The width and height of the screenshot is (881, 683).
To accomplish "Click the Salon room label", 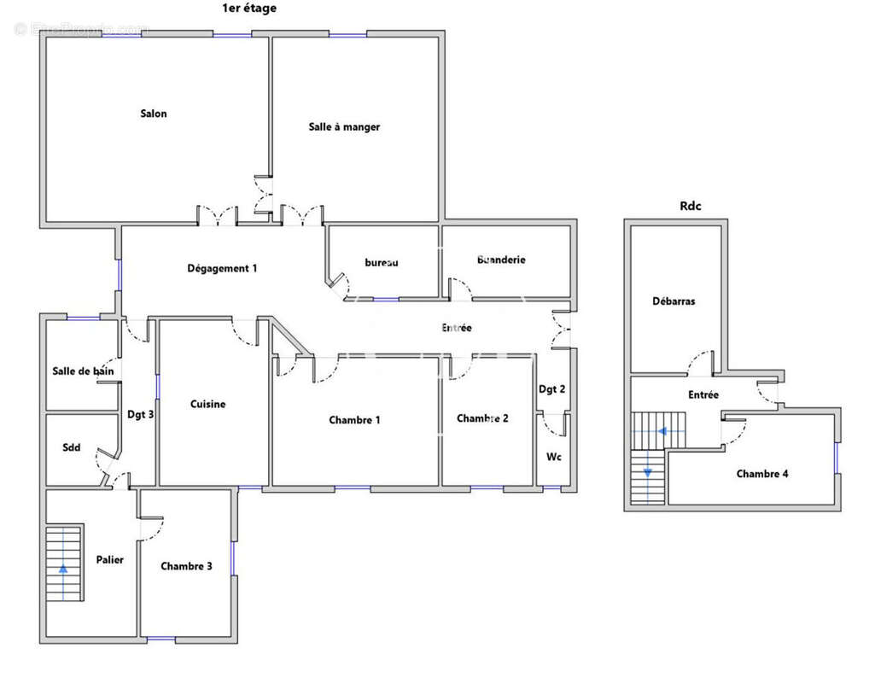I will pyautogui.click(x=154, y=114).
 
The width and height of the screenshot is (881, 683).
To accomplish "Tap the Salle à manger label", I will pyautogui.click(x=344, y=126).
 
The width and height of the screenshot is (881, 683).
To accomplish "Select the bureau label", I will pyautogui.click(x=382, y=263).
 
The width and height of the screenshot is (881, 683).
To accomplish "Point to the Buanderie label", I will pyautogui.click(x=501, y=260).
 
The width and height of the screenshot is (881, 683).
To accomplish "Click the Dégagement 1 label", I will pyautogui.click(x=222, y=268).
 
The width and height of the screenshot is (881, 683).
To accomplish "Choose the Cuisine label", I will pyautogui.click(x=207, y=404).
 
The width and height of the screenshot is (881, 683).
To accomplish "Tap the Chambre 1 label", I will pyautogui.click(x=354, y=419).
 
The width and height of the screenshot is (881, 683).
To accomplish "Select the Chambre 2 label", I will pyautogui.click(x=482, y=418).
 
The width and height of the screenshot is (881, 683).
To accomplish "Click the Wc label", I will pyautogui.click(x=554, y=457).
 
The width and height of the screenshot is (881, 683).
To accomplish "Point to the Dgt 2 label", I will pyautogui.click(x=551, y=389).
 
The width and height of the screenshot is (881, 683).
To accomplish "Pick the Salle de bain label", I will pyautogui.click(x=83, y=371).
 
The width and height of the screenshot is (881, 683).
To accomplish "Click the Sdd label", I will pyautogui.click(x=71, y=447).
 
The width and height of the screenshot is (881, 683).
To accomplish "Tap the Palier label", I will pyautogui.click(x=110, y=560).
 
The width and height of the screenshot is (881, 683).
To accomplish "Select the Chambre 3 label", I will pyautogui.click(x=187, y=566).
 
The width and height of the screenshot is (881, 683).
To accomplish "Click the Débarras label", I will pyautogui.click(x=674, y=301).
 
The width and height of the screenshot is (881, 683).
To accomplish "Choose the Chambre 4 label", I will pyautogui.click(x=762, y=474).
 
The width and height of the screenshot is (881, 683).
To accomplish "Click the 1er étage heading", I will pyautogui.click(x=248, y=8).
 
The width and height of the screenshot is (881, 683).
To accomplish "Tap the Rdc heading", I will pyautogui.click(x=691, y=205).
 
